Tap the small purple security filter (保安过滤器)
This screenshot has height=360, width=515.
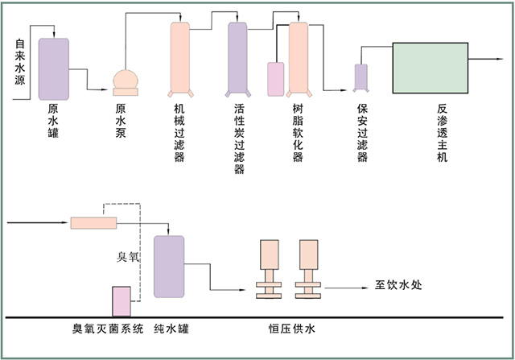point(361,77)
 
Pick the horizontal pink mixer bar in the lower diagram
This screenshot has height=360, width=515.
point(94,222)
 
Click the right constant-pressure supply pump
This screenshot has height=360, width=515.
point(308,270)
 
